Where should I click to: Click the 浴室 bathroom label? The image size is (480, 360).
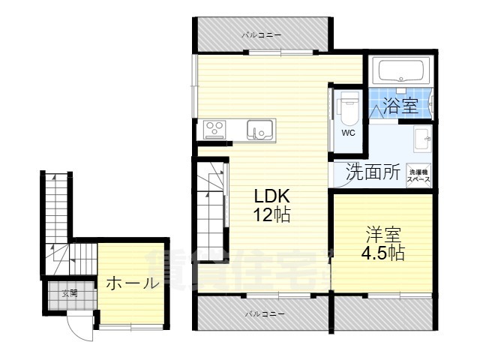point(400,106)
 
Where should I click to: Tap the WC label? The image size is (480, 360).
point(349,133)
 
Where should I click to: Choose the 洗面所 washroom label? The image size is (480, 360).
point(372,171)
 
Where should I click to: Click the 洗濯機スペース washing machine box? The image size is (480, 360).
point(418,175)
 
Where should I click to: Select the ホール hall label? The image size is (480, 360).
point(132,283)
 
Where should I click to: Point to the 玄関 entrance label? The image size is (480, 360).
point(70,292)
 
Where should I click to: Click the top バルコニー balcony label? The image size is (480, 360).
point(262,34)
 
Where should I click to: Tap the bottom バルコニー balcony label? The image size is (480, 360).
point(265,313)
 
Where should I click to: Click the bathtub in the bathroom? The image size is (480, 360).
point(402,72)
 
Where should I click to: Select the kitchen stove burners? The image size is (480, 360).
point(215,129)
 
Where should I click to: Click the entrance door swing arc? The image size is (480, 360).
point(77,324)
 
